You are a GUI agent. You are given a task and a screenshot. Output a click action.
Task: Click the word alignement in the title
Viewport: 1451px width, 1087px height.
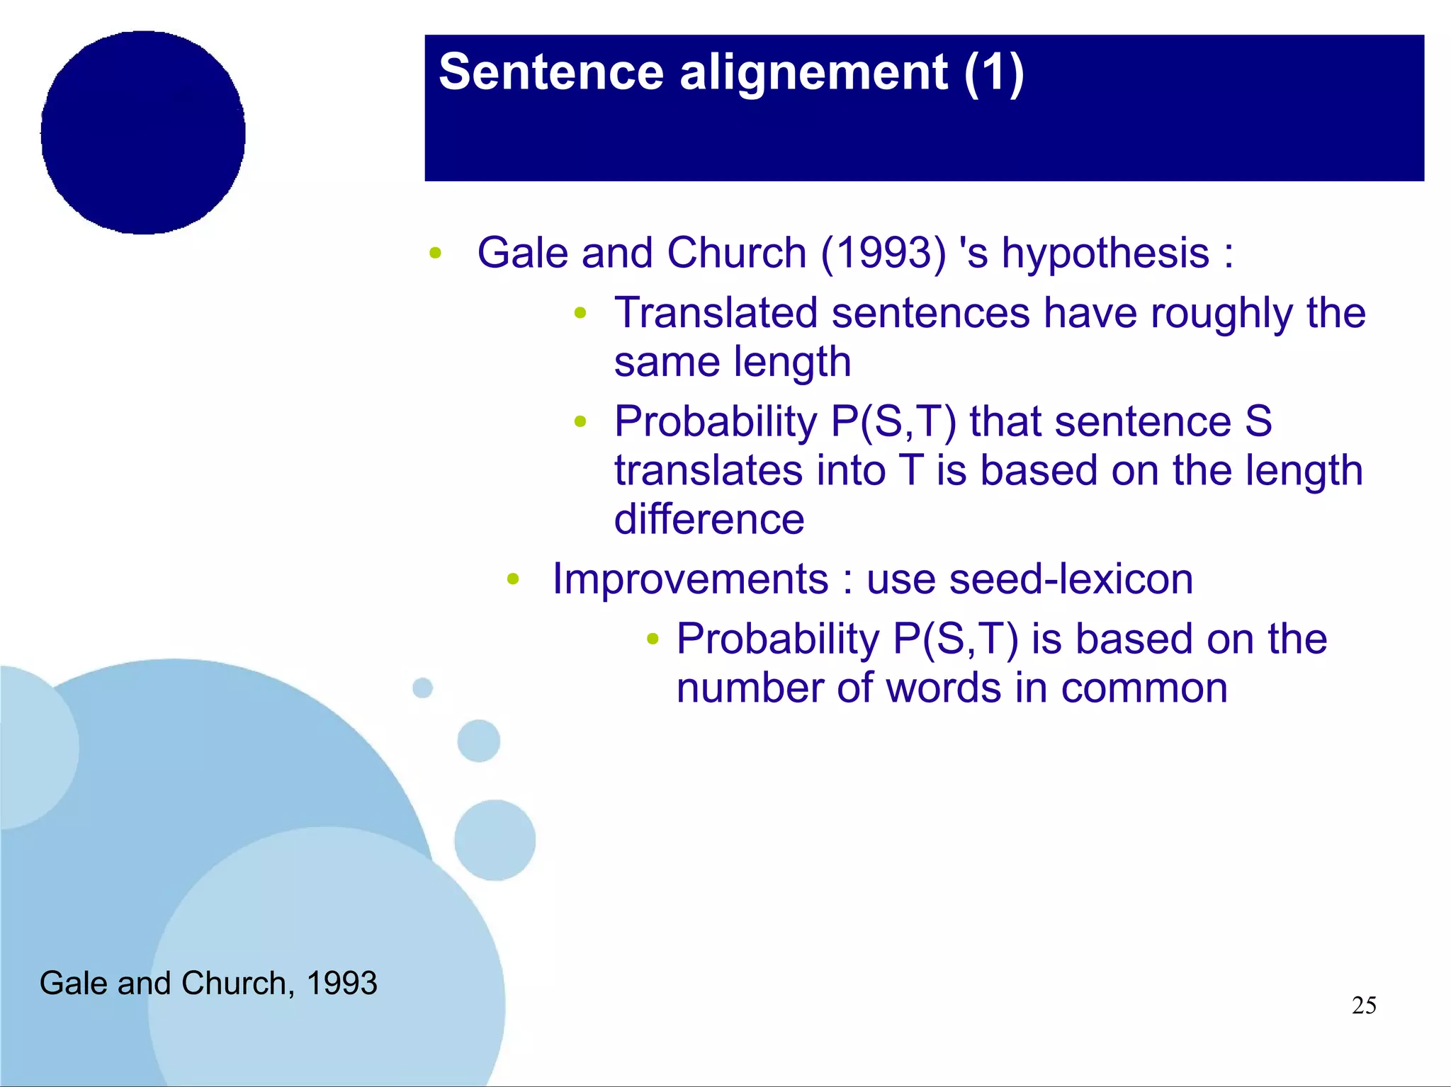tap(813, 72)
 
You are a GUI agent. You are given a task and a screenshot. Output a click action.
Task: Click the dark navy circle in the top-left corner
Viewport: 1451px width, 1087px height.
tap(143, 132)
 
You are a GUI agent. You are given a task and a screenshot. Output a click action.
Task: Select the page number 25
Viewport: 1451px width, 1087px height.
tap(1364, 1005)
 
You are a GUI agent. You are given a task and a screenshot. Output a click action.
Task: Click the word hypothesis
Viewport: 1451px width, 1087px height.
tap(1105, 253)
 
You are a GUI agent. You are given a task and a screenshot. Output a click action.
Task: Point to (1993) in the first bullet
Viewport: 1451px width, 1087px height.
tap(883, 253)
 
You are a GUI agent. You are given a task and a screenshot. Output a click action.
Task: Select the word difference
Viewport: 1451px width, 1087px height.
tap(709, 519)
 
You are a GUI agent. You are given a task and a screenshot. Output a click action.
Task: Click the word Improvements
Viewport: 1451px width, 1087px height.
tap(690, 579)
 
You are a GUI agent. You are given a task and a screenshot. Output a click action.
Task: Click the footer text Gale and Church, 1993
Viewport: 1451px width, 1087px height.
tap(208, 983)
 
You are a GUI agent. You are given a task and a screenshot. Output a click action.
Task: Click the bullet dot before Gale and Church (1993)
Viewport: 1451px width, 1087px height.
tap(435, 253)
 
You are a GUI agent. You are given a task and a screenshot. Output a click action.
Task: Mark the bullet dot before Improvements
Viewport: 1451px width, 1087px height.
tap(513, 580)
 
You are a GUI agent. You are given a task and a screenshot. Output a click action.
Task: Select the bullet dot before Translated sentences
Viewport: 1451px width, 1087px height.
tap(580, 313)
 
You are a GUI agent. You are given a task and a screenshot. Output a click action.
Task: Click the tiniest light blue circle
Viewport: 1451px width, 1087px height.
tap(422, 688)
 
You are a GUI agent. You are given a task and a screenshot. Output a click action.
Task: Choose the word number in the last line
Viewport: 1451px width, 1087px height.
tap(750, 688)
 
